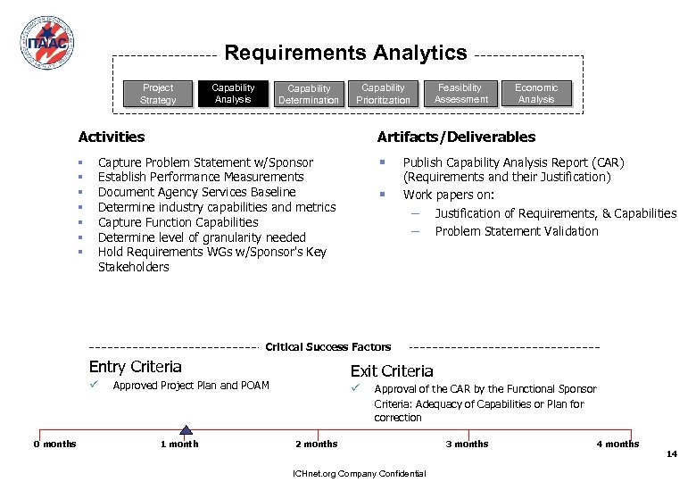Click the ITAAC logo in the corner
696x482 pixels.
click(x=46, y=42)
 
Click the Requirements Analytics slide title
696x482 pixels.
click(x=345, y=53)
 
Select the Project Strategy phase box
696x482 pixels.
click(x=158, y=94)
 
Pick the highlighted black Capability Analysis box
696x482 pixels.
click(x=233, y=94)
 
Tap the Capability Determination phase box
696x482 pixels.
click(x=309, y=95)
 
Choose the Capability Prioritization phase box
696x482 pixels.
click(x=384, y=94)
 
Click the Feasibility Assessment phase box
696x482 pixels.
click(x=460, y=94)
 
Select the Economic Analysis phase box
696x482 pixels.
click(x=536, y=94)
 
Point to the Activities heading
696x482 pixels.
click(x=112, y=137)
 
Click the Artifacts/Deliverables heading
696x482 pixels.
click(x=456, y=137)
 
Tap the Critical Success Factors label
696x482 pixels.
click(x=328, y=346)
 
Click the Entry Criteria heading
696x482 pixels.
click(x=136, y=367)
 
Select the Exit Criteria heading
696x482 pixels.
click(x=392, y=371)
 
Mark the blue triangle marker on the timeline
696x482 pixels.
click(x=186, y=430)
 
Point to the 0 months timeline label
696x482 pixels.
click(x=55, y=444)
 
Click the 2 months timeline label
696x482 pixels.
click(x=317, y=444)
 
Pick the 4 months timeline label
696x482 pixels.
click(x=617, y=444)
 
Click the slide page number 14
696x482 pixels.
click(x=672, y=454)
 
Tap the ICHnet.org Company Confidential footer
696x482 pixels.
click(x=352, y=473)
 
